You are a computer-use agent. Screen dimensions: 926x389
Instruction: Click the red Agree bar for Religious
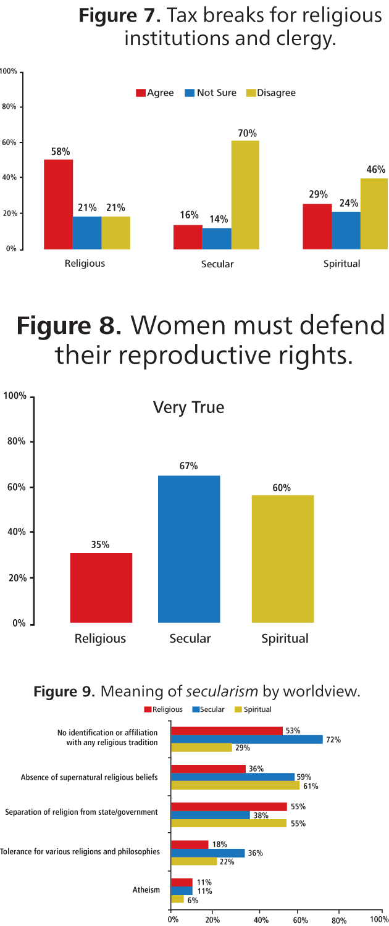point(59,204)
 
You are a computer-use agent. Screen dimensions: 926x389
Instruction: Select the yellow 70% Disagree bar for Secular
point(245,194)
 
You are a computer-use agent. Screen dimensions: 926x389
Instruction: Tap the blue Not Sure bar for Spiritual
point(346,230)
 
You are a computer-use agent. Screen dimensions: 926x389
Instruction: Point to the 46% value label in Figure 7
point(375,169)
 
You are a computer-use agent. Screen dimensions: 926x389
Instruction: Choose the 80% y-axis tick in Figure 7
point(9,107)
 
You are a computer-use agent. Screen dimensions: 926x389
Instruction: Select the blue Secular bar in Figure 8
point(189,549)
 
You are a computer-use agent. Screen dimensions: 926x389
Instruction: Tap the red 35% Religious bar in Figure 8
point(101,588)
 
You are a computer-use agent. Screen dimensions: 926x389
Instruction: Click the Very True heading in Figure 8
point(188,407)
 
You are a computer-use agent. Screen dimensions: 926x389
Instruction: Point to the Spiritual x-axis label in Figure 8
point(285,638)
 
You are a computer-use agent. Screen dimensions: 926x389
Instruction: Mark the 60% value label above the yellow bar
point(282,487)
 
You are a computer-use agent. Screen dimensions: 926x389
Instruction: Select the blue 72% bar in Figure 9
point(246,740)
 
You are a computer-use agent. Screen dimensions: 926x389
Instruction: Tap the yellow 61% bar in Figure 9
point(235,786)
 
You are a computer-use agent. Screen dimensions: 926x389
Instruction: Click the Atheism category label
point(146,890)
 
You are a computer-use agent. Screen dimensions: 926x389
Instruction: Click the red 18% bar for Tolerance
point(190,845)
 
